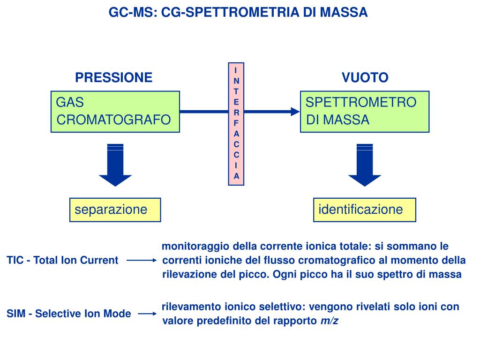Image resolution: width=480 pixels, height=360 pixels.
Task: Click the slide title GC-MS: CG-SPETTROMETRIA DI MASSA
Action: [238, 13]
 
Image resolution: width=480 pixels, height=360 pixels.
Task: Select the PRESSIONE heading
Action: [114, 77]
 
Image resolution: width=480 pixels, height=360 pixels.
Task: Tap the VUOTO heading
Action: [365, 77]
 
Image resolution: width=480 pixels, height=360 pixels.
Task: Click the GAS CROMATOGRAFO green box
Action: [115, 112]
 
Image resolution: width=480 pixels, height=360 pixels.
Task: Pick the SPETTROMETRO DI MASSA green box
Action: [364, 112]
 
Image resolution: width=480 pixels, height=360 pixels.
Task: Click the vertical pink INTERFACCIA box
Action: [236, 123]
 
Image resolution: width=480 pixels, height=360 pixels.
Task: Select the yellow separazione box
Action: [115, 210]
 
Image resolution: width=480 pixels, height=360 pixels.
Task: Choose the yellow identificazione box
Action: [364, 210]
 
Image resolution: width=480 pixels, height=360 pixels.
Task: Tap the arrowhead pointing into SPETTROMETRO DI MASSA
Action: [295, 112]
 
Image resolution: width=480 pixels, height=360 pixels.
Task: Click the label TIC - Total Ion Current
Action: [62, 260]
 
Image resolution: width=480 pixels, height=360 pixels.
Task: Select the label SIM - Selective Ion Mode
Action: [69, 314]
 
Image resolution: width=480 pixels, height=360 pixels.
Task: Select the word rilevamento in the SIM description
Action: [191, 307]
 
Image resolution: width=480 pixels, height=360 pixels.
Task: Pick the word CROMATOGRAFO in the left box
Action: [113, 120]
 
